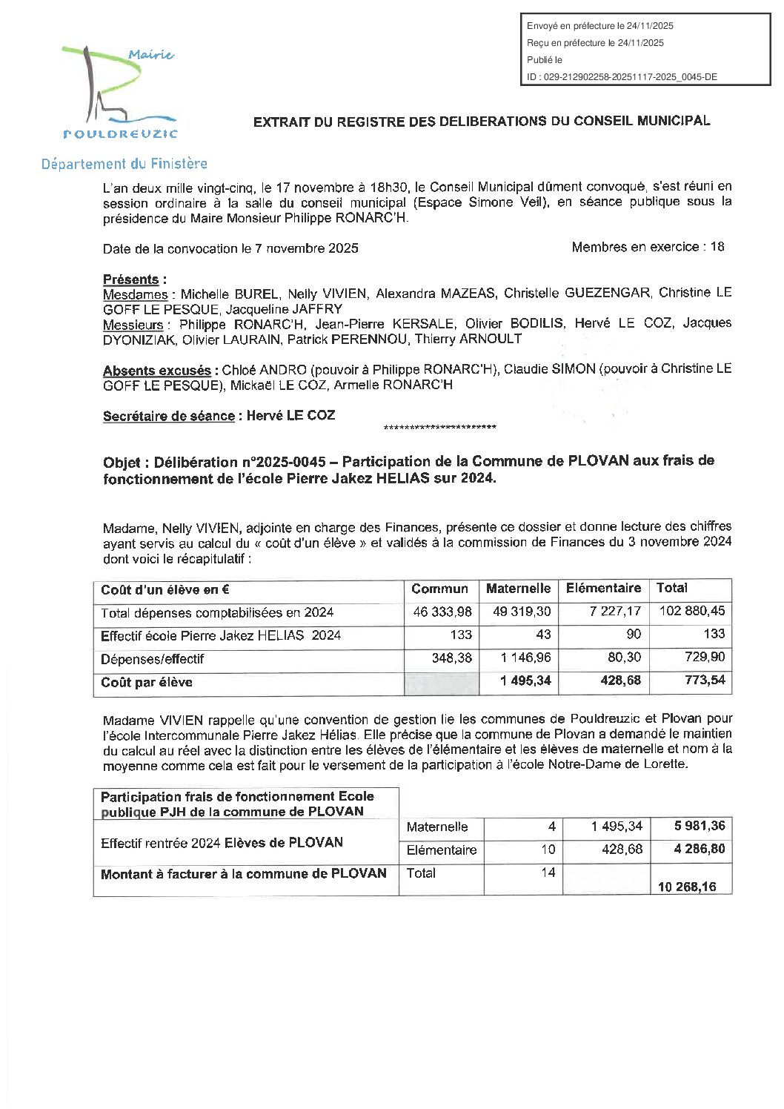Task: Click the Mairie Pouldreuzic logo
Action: pos(119,92)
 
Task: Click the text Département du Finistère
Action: pos(124,164)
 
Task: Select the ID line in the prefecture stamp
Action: pos(622,77)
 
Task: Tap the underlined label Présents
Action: pos(130,279)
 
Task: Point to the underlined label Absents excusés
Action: pos(157,371)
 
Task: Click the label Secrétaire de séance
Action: pos(168,417)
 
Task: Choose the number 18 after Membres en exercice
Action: pos(717,247)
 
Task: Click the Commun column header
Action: pos(439,589)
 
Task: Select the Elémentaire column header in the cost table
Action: pos(603,589)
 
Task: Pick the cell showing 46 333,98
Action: pos(442,612)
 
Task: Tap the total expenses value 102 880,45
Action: pos(692,612)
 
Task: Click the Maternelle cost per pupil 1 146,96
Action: pos(525,658)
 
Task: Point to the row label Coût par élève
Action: pos(147,683)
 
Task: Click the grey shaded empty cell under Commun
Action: pos(442,683)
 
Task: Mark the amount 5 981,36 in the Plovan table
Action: pos(699,827)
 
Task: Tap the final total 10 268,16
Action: pos(687,887)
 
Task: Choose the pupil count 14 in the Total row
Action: pos(548,873)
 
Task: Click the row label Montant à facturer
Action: pos(244,874)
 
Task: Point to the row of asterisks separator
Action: pos(440,428)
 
